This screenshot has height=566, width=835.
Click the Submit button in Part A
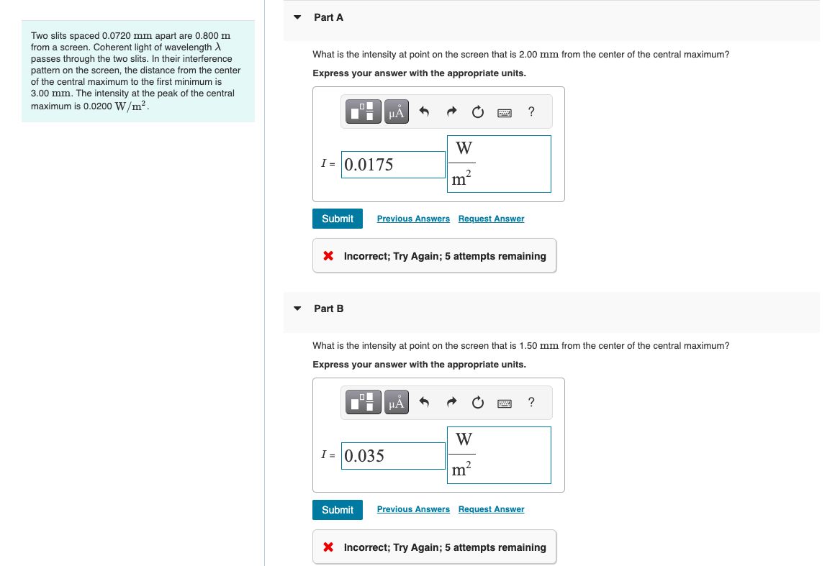coord(337,219)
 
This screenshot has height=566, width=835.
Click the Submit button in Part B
coord(337,510)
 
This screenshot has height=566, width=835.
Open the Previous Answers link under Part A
coord(413,219)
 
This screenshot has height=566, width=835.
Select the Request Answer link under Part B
coord(491,509)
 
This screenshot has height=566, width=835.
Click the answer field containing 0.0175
coord(393,165)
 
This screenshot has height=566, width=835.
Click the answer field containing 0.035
coord(393,456)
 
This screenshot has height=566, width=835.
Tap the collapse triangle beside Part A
coord(298,17)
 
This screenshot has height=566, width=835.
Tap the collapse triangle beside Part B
coord(298,309)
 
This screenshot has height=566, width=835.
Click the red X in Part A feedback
coord(328,256)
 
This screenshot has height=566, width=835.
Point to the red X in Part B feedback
coord(328,547)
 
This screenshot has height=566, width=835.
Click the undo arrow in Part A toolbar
coord(424,111)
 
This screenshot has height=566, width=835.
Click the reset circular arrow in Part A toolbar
coord(478,111)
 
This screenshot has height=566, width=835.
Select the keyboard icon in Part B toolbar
coord(505,403)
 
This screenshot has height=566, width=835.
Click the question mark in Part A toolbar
coord(531,111)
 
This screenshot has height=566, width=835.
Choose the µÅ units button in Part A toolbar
coord(396,111)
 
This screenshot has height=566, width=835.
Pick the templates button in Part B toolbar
coord(364,402)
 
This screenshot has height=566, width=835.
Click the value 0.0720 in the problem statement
coord(116,36)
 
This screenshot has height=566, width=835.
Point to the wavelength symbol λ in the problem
coord(218,47)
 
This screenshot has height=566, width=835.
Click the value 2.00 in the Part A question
coord(528,54)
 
